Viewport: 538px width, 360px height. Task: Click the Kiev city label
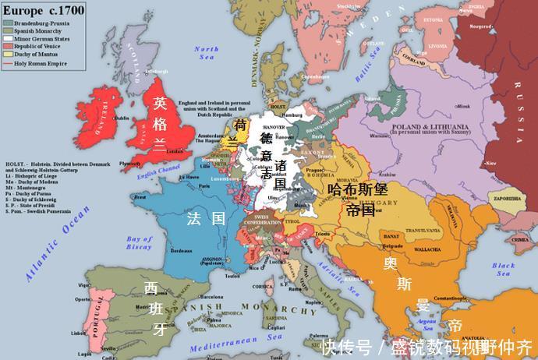[x=490, y=164]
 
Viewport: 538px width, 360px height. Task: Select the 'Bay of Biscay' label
[x=140, y=242]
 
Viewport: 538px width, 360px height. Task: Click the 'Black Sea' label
[x=503, y=269]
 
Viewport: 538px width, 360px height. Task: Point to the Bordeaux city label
[x=182, y=250]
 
